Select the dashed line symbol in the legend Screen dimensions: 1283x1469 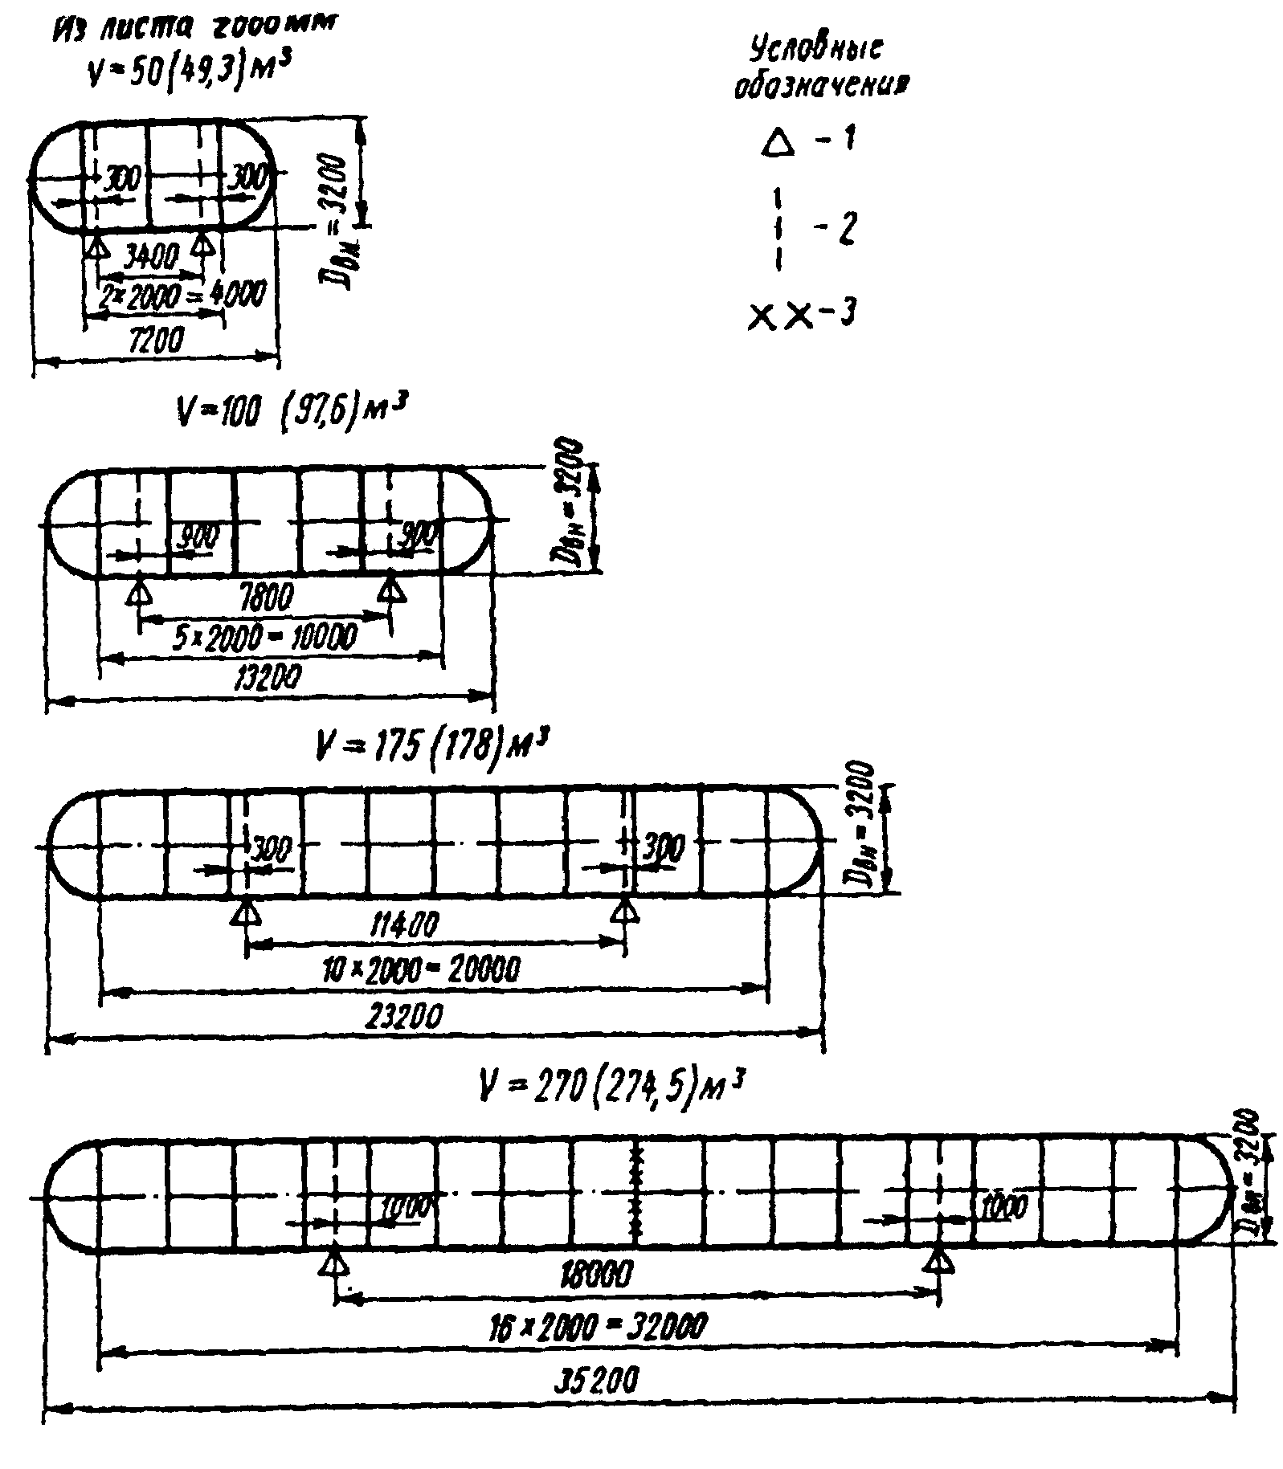[778, 229]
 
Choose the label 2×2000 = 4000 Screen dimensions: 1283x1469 [182, 295]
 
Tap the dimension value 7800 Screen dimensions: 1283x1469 [265, 597]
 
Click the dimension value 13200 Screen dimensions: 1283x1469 [268, 679]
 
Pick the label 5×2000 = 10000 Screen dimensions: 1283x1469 [265, 637]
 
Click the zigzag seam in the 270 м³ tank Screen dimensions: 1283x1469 [637, 1194]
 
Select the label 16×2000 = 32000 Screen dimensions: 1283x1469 [597, 1324]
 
